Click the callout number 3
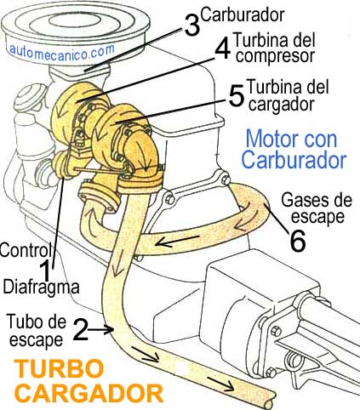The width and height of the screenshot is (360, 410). pos(192,26)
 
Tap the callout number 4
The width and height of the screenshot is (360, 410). pos(223,48)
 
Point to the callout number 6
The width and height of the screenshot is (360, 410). pos(298,241)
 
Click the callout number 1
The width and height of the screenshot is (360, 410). pos(45,271)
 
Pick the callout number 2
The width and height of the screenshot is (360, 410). pos(81,329)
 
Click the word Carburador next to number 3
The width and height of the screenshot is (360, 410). pos(243,15)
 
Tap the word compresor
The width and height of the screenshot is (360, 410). pos(275,56)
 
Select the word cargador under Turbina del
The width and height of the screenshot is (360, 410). pos(281,105)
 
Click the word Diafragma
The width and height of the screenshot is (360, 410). pos(41,286)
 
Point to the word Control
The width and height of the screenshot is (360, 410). pos(26,250)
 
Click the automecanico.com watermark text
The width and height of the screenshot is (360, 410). pos(62,52)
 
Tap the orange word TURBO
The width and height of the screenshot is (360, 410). pos(59,368)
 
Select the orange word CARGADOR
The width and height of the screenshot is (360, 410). pos(89,394)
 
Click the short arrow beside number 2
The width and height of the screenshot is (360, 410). pos(100,329)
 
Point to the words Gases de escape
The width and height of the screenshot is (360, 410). pos(317,208)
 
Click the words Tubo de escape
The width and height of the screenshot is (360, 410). pos(37,330)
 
